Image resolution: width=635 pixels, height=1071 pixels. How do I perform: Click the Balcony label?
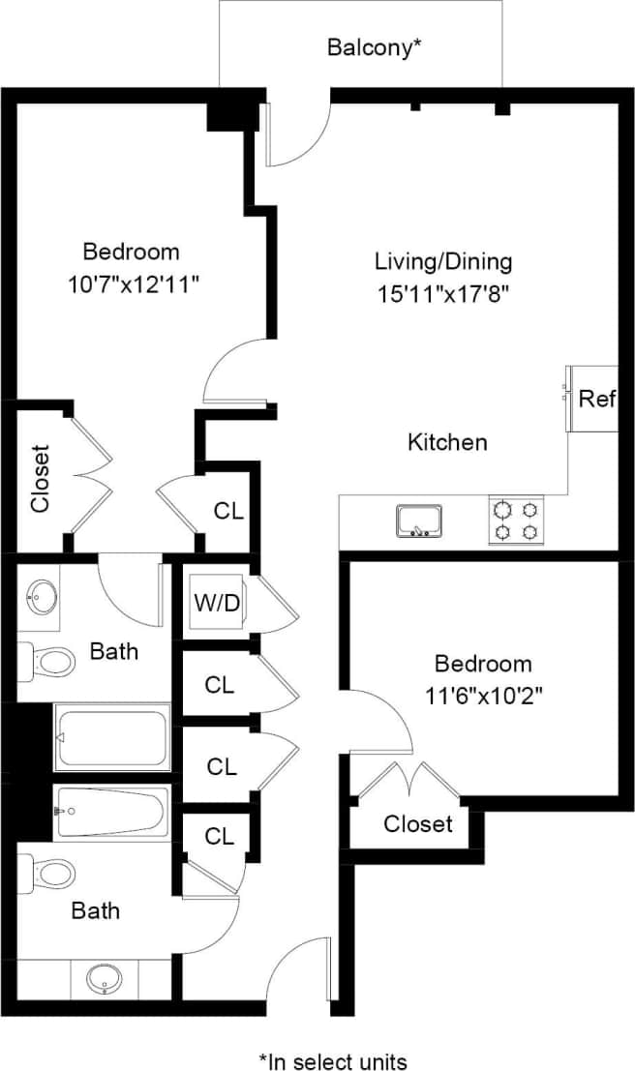click(374, 46)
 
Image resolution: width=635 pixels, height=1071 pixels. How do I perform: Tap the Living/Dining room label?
click(443, 261)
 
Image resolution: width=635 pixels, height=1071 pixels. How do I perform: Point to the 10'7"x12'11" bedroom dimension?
click(131, 284)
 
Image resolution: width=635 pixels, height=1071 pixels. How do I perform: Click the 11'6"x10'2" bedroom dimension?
click(483, 697)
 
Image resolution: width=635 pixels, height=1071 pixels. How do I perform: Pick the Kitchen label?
click(446, 442)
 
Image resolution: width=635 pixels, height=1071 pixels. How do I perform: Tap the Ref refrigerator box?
click(595, 399)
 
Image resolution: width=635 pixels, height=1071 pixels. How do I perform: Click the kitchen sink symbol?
click(418, 521)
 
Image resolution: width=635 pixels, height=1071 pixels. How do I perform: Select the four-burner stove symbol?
click(515, 521)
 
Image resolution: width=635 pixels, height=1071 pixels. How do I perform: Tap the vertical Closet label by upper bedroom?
click(40, 478)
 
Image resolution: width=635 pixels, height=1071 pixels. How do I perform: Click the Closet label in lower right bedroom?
click(417, 824)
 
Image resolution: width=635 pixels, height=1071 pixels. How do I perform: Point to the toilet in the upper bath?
click(48, 662)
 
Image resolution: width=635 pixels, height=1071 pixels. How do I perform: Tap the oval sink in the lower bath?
click(103, 979)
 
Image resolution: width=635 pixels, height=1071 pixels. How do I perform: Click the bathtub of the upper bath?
click(112, 737)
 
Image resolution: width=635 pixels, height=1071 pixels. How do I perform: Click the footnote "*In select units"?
click(332, 1060)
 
